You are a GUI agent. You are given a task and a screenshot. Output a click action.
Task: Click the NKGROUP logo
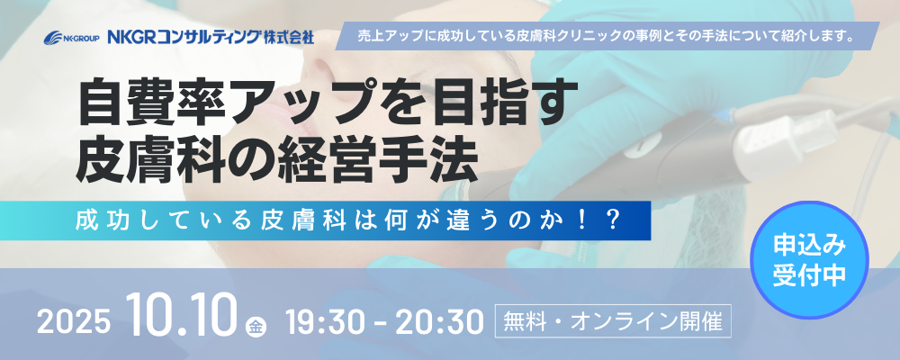[x=72, y=38]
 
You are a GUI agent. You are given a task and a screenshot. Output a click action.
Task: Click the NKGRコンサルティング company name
[x=184, y=38]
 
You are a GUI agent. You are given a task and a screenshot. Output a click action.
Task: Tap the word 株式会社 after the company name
[x=289, y=38]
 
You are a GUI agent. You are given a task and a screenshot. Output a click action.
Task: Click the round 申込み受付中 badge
[x=809, y=259]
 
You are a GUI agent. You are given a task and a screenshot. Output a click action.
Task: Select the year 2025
[x=73, y=323]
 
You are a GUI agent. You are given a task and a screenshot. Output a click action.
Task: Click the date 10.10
[x=183, y=316]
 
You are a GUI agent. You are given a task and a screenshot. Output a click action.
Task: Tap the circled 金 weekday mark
[x=256, y=326]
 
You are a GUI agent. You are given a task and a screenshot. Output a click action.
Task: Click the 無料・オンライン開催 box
[x=613, y=322]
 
